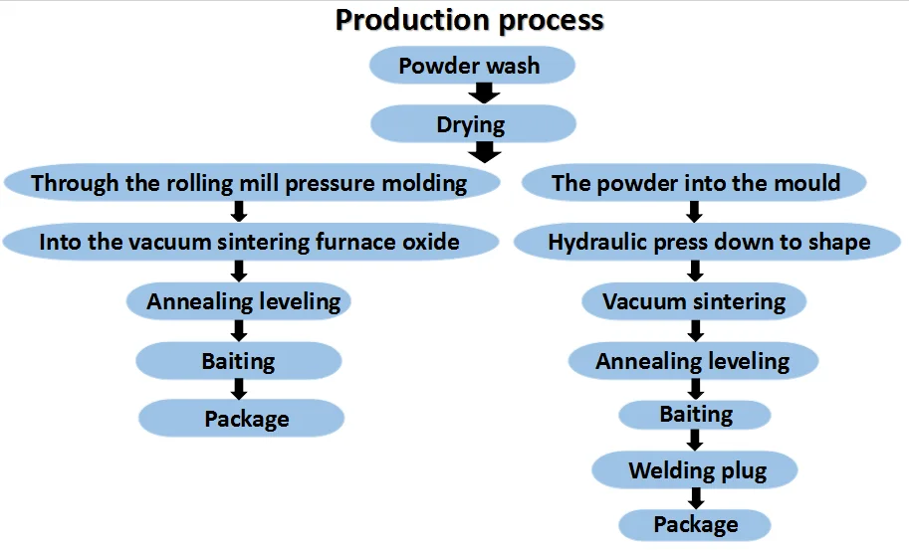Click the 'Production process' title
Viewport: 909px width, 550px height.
[470, 20]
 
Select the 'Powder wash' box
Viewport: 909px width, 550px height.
[472, 66]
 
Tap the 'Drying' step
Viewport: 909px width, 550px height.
[473, 124]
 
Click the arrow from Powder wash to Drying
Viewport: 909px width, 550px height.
[485, 93]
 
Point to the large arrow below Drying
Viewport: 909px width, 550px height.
[485, 152]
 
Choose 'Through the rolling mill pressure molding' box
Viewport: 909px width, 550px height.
[252, 183]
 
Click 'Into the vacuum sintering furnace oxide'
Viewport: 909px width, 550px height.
[251, 242]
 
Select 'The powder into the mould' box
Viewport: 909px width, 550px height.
[694, 183]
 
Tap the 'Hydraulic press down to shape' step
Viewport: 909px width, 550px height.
[707, 242]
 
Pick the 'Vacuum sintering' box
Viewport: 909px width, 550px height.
[694, 301]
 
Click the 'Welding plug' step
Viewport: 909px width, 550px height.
[695, 470]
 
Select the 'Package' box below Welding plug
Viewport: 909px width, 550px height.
[695, 524]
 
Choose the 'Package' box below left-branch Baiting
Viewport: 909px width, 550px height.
[241, 418]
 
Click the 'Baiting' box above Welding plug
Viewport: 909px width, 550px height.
[695, 415]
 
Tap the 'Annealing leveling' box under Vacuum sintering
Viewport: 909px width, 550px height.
[693, 361]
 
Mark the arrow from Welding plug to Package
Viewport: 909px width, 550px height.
[696, 498]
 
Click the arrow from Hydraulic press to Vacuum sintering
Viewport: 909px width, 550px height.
[696, 271]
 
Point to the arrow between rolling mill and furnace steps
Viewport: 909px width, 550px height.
[239, 212]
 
